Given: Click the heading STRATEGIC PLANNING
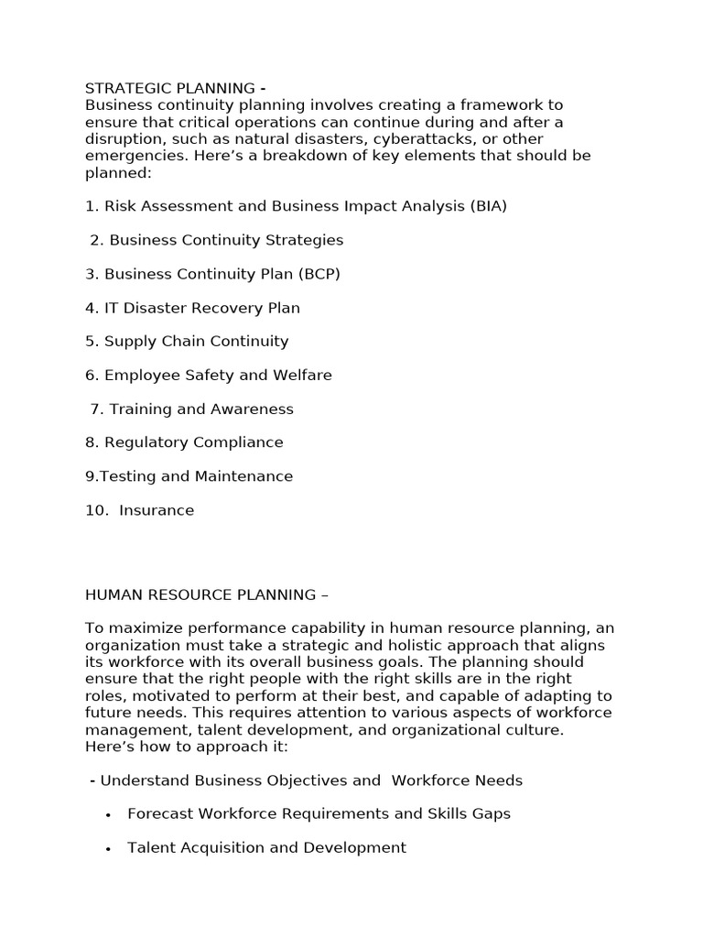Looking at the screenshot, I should pyautogui.click(x=170, y=89).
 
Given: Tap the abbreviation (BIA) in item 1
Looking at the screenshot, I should pyautogui.click(x=489, y=206).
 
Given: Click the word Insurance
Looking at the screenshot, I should pyautogui.click(x=157, y=510).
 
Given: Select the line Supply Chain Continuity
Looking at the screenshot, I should pyautogui.click(x=196, y=342).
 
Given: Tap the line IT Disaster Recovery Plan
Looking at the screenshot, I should pyautogui.click(x=201, y=308).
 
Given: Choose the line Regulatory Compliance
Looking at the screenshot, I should pyautogui.click(x=194, y=442).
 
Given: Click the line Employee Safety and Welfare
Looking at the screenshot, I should pyautogui.click(x=218, y=376).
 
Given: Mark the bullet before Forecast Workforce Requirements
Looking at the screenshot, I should pyautogui.click(x=109, y=815).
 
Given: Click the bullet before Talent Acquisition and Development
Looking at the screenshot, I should pyautogui.click(x=109, y=849).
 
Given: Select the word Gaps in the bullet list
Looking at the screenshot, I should pyautogui.click(x=491, y=813).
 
